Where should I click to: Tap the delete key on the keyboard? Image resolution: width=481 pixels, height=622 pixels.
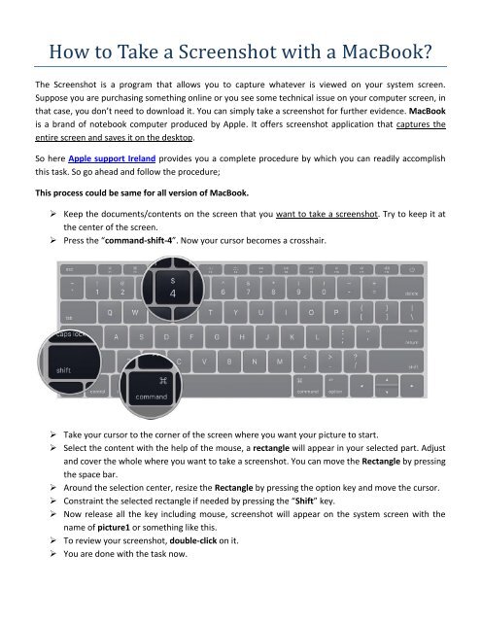tap(412, 293)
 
